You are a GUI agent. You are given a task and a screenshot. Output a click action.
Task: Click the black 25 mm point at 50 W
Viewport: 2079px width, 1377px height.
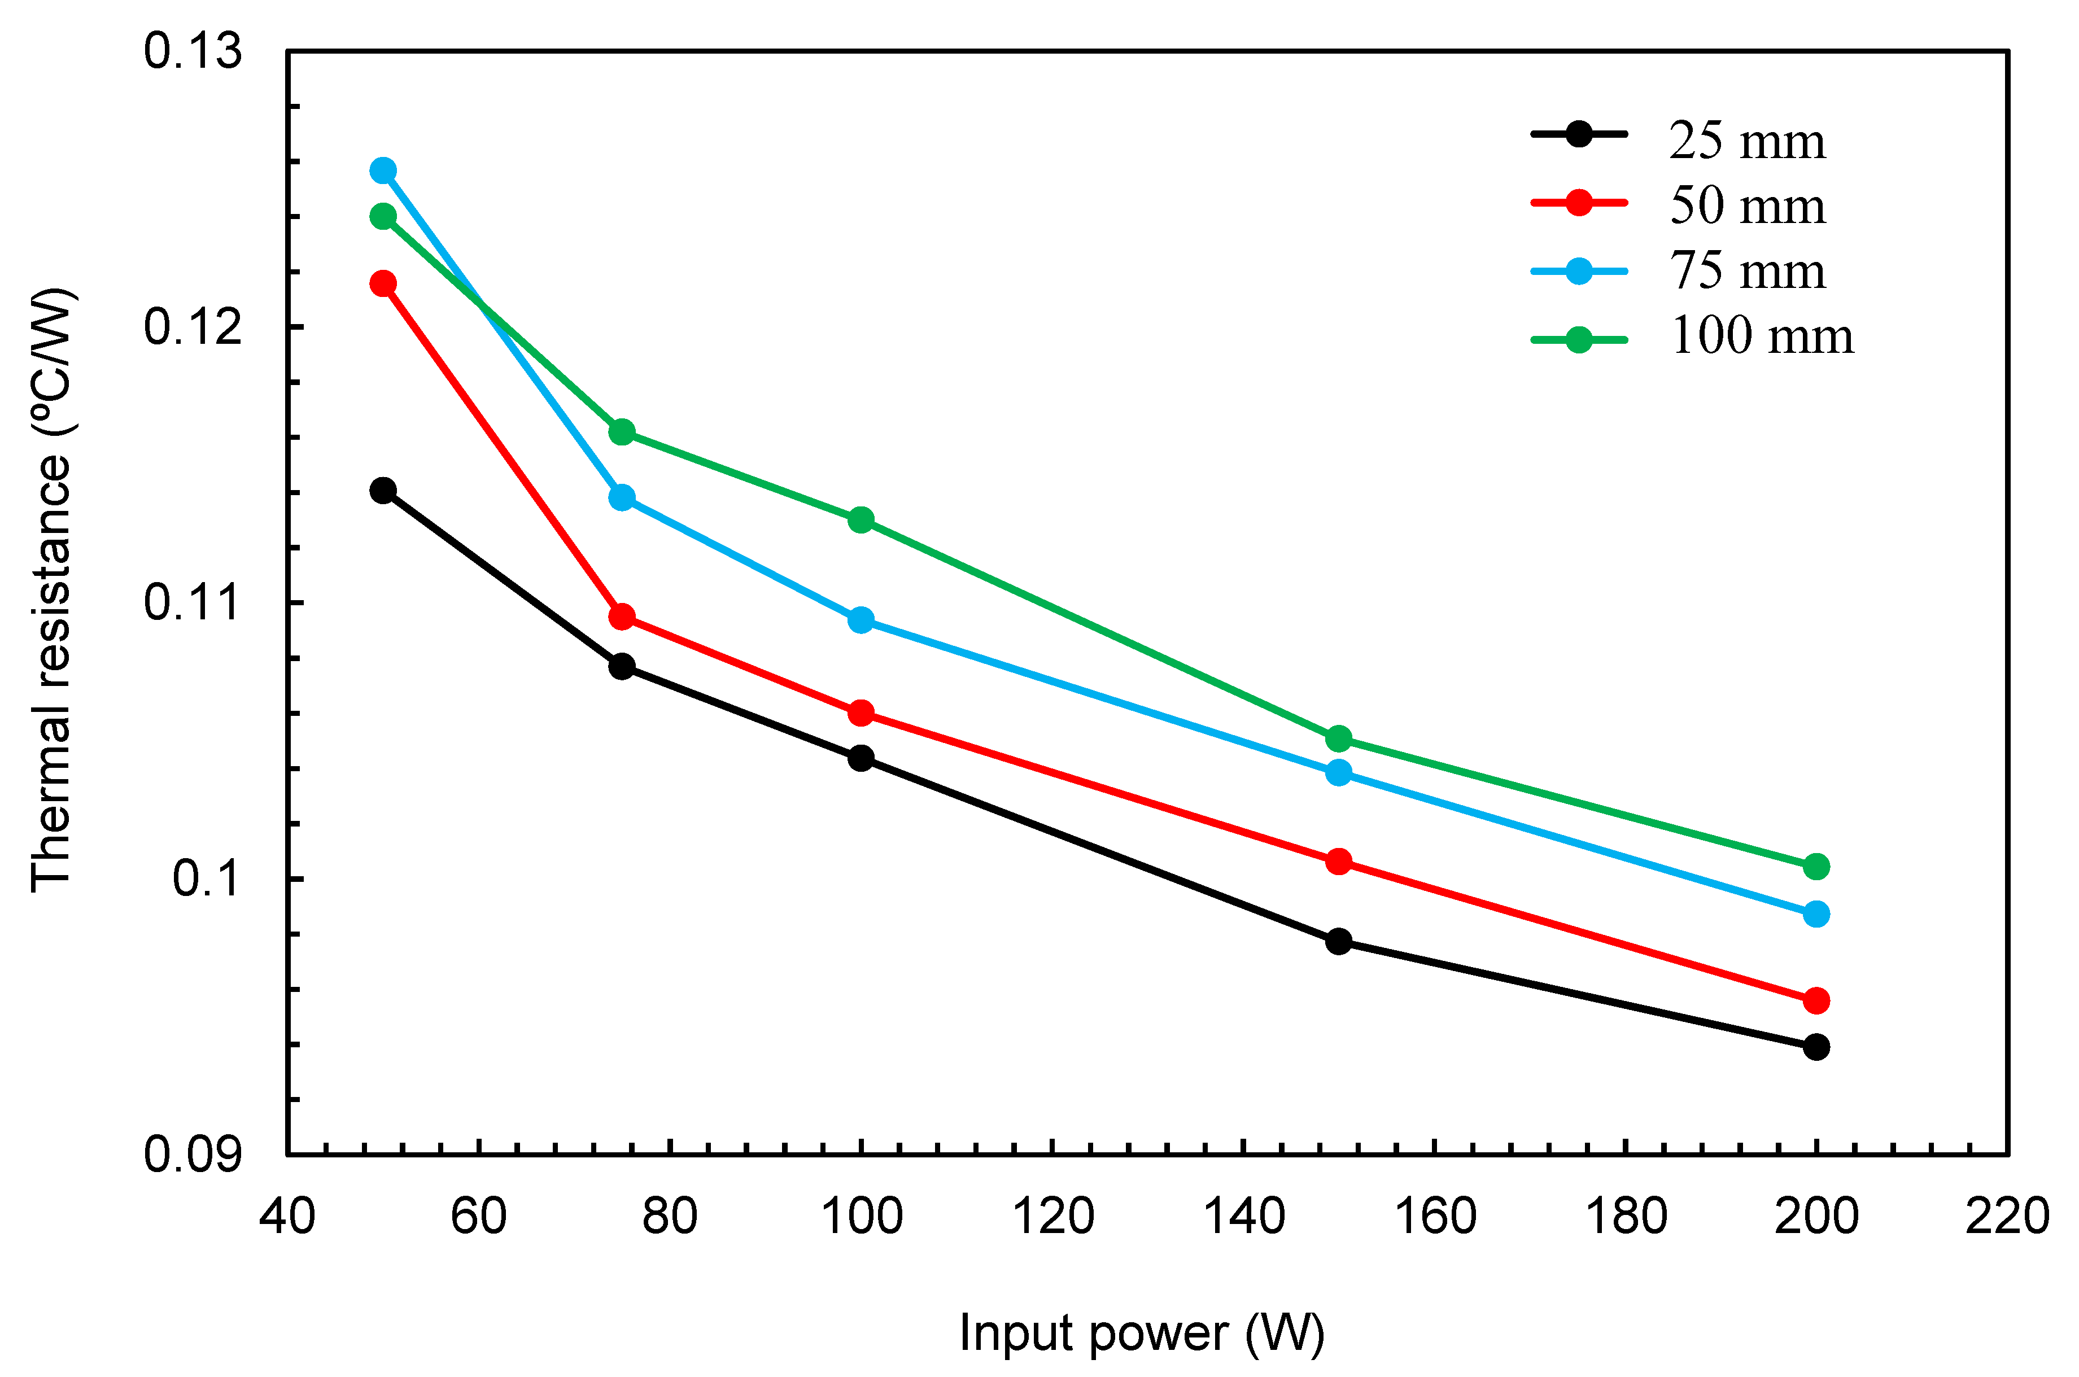point(383,490)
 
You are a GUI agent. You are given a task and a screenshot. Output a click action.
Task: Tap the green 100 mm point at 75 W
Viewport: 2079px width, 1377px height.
point(622,431)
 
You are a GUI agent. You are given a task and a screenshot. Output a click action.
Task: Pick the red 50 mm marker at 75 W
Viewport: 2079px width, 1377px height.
point(622,617)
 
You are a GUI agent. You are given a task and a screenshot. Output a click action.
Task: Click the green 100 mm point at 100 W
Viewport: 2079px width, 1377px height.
point(862,520)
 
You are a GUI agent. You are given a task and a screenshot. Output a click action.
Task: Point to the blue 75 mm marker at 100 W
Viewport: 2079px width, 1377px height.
point(862,620)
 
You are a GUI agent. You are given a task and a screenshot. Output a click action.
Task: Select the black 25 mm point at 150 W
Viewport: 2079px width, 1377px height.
point(1339,941)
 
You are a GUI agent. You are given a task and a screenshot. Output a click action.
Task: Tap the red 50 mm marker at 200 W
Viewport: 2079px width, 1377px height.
point(1816,1000)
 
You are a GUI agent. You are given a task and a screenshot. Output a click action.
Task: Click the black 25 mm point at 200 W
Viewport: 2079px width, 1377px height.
point(1816,1047)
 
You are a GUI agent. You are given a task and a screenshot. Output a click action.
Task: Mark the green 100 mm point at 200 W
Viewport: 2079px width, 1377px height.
point(1816,867)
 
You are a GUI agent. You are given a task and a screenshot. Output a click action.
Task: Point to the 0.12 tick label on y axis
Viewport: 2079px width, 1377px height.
point(191,327)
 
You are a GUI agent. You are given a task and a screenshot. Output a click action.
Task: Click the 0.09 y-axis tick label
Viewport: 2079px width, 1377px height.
point(191,1154)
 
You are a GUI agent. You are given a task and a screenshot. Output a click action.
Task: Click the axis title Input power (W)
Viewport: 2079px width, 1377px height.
point(1141,1333)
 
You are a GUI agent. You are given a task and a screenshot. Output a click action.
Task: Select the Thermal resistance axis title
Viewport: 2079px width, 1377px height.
point(51,588)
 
